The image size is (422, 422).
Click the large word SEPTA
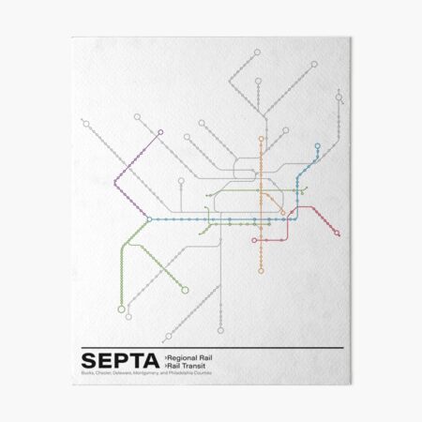click(x=119, y=362)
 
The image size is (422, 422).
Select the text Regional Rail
click(x=190, y=357)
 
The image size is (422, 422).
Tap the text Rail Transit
click(x=187, y=367)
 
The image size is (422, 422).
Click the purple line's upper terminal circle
click(x=160, y=132)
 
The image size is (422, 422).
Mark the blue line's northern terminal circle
click(x=318, y=145)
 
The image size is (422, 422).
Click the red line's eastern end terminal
click(x=337, y=234)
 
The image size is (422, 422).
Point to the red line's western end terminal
click(x=253, y=239)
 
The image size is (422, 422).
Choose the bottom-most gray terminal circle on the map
click(x=221, y=336)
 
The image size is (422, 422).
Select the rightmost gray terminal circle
click(x=338, y=97)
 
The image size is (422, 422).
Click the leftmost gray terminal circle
click(x=83, y=120)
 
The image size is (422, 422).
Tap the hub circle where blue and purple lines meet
click(x=148, y=219)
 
